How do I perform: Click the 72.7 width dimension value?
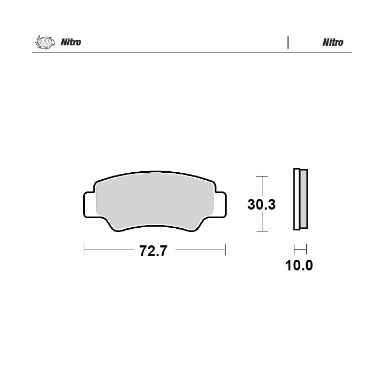click(153, 251)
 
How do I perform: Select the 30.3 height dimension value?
click(261, 204)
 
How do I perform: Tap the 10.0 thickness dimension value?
click(299, 266)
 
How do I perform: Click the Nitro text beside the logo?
click(71, 42)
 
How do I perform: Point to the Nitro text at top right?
click(333, 42)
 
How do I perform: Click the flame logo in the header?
click(45, 42)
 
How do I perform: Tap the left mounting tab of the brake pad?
click(89, 205)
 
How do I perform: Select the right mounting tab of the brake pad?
click(221, 205)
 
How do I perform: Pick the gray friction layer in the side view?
click(303, 198)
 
